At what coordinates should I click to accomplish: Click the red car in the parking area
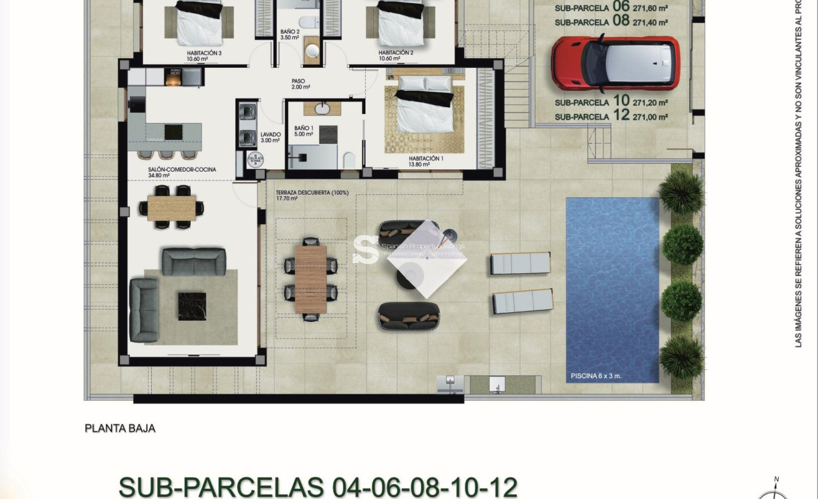pos(615,63)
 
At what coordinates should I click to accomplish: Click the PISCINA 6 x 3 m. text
pos(596,376)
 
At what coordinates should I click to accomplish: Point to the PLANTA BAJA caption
pos(120,428)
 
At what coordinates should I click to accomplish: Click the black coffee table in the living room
pos(192,305)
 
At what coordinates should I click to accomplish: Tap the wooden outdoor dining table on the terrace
pos(310,279)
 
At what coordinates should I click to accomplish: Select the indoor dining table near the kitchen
pos(172,208)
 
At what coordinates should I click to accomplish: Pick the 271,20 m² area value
pos(650,102)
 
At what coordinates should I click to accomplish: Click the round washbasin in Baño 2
pos(311,49)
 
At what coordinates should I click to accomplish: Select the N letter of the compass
pos(776,480)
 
